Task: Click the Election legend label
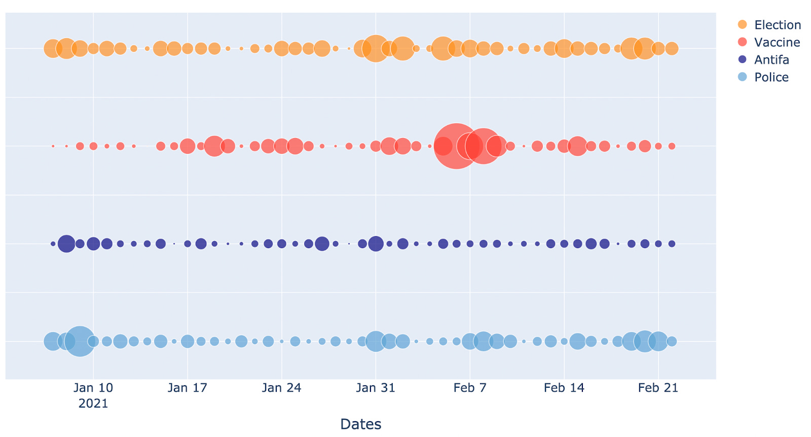click(777, 25)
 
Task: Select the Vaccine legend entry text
click(777, 42)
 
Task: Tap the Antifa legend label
click(771, 60)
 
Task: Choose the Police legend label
click(771, 77)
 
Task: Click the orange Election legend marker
click(742, 25)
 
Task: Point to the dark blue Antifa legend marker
click(742, 59)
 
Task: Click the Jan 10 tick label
click(93, 388)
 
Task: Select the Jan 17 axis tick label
click(188, 388)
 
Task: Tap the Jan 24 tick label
click(281, 388)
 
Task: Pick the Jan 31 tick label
click(376, 388)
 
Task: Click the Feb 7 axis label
click(470, 388)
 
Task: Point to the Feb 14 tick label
click(564, 388)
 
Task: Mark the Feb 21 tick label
click(658, 388)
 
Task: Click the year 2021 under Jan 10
click(93, 404)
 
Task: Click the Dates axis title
click(360, 424)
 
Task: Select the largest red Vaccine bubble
click(457, 146)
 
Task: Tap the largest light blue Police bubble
click(80, 341)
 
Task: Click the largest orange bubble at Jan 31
click(376, 49)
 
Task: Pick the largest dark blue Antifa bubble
click(66, 244)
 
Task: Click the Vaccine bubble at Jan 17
click(188, 146)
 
